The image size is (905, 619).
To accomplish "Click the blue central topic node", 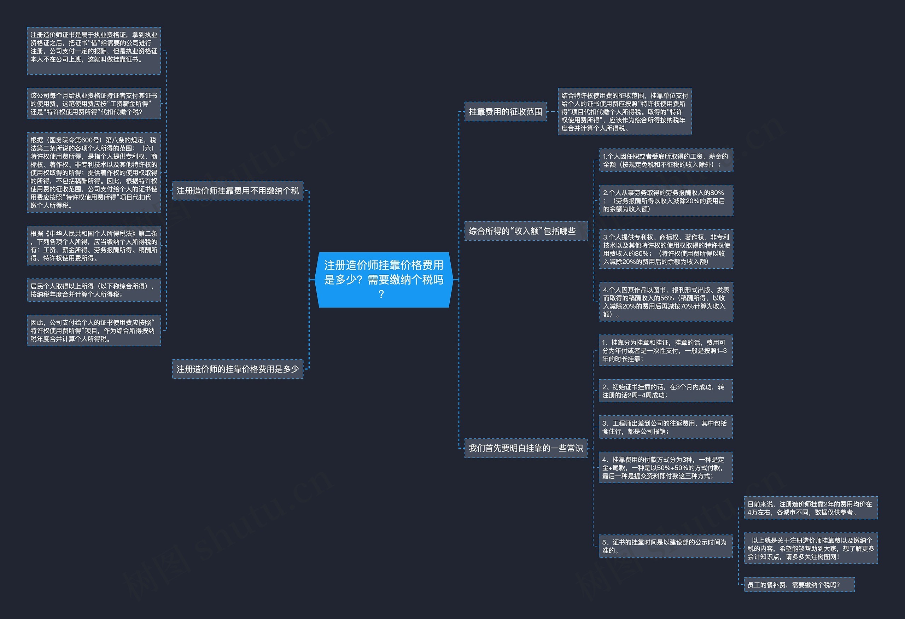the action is point(384,280).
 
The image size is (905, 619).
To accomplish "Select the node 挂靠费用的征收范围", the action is point(506,112).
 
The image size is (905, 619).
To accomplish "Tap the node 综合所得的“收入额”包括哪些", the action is point(526,231).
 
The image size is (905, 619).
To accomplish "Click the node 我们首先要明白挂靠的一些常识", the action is point(526,448).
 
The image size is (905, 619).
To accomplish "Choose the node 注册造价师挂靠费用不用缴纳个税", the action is point(238,191).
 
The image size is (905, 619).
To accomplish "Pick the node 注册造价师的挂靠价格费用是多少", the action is point(238,369).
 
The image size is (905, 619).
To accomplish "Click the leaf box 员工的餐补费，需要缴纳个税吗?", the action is point(799,585).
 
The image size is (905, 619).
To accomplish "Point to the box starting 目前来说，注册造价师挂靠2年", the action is point(811,508).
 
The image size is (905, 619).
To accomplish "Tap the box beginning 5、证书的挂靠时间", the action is point(666,546).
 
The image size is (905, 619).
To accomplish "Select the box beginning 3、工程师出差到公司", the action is point(666,427).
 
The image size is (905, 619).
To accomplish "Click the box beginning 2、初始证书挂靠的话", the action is point(666,391).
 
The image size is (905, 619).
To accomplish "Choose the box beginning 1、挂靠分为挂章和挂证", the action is point(666,350).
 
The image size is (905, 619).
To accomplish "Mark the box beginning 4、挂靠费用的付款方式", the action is point(666,468).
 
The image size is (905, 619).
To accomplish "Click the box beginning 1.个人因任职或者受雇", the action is point(666,160).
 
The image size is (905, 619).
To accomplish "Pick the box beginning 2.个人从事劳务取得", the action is point(666,201).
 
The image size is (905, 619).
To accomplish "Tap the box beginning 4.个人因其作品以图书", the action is point(666,302).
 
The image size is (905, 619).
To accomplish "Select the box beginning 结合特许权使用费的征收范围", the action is point(625,112).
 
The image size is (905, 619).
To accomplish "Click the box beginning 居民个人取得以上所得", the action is point(94,290).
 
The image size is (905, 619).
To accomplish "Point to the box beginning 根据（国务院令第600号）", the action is point(94,173).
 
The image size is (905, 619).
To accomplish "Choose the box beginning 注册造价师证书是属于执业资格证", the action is point(94,51).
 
